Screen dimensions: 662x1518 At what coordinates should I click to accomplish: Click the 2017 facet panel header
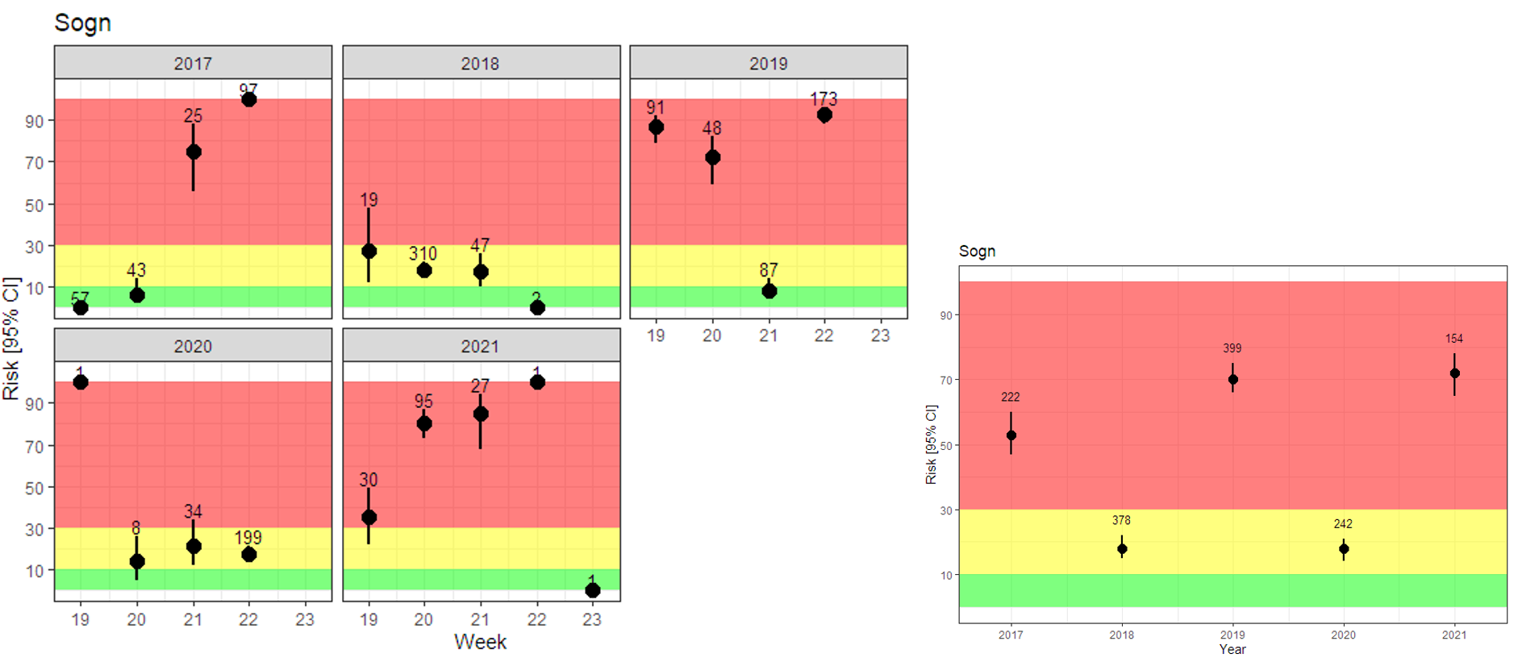click(193, 63)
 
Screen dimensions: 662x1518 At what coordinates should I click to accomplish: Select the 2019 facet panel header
click(768, 63)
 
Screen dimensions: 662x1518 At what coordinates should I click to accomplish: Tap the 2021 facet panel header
click(480, 346)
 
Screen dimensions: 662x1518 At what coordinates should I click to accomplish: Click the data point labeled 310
click(424, 270)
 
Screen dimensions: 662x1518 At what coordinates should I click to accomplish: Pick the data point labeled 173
click(824, 115)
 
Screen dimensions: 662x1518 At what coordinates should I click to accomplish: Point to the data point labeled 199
click(249, 555)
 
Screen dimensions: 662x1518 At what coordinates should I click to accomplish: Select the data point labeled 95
click(424, 424)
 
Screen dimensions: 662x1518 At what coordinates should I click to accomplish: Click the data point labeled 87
click(769, 291)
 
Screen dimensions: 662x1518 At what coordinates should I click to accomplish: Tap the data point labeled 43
click(137, 295)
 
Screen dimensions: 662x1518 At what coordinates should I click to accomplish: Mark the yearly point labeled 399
click(1232, 380)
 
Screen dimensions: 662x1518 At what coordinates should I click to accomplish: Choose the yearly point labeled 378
click(1122, 549)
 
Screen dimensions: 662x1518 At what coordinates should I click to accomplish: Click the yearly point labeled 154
click(1454, 373)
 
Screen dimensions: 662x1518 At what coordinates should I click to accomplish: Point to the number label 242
click(1343, 524)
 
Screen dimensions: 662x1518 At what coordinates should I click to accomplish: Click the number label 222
click(1011, 397)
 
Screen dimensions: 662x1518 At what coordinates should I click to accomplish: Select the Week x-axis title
click(480, 642)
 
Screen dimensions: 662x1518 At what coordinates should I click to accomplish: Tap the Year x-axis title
click(1232, 649)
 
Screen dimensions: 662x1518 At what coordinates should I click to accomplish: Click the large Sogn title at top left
click(83, 23)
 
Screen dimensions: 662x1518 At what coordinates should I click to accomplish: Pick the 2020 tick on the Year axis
click(1343, 635)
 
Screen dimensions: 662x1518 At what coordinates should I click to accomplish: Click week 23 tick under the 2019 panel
click(880, 335)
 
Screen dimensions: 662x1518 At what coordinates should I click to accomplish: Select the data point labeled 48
click(713, 158)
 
